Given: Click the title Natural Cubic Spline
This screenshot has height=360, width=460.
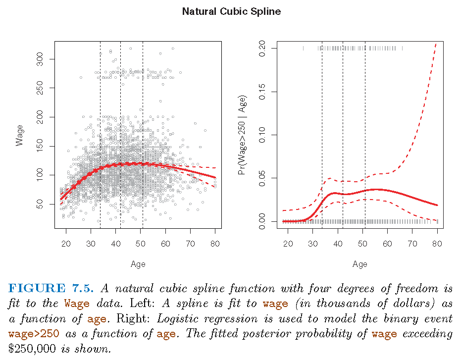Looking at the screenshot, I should pos(231,11).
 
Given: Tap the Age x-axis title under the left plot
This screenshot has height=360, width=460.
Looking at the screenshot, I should pos(138,264).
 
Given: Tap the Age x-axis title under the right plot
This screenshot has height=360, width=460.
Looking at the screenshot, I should pos(359,264).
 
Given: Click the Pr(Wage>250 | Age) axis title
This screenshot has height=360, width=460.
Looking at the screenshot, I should pos(242,135).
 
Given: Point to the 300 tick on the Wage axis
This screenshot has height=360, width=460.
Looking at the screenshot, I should pos(40,59).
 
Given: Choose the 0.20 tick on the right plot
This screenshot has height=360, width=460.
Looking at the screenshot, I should pos(262,49).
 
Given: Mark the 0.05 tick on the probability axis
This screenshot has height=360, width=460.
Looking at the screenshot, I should pos(262,178).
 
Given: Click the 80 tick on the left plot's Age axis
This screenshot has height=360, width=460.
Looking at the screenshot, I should pos(215,244).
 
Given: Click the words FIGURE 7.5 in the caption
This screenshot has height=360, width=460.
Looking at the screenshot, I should pos(52,289).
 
